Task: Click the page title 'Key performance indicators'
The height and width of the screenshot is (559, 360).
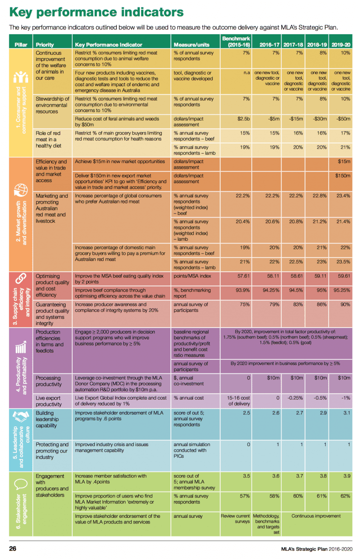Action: point(97,12)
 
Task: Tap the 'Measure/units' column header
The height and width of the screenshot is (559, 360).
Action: point(191,45)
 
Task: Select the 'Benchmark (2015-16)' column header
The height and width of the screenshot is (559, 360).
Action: point(236,41)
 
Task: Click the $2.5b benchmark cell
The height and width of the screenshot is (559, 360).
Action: point(243,119)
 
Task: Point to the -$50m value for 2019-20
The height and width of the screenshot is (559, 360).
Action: point(343,119)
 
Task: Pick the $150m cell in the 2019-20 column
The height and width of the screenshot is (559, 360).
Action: point(343,176)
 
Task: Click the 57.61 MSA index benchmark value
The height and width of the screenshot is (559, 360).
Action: point(243,276)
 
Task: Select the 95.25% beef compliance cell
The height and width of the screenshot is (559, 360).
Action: point(342,290)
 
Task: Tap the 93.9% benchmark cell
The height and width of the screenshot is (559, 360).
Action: point(243,290)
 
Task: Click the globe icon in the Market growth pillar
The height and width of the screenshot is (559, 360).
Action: point(21,190)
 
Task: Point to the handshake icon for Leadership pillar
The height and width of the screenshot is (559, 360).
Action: point(21,416)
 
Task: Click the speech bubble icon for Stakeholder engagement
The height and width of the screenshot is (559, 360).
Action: point(21,484)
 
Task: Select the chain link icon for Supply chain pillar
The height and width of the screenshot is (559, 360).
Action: point(21,278)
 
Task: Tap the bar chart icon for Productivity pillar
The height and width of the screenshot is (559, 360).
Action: point(21,347)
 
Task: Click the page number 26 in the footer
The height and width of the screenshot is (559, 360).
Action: point(13,548)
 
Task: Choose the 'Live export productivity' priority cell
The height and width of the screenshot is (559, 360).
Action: point(49,401)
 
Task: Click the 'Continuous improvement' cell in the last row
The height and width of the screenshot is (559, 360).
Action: point(316,516)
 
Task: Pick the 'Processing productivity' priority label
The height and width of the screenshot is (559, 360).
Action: point(49,381)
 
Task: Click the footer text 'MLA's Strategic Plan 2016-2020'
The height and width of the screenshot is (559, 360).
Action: point(316,549)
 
